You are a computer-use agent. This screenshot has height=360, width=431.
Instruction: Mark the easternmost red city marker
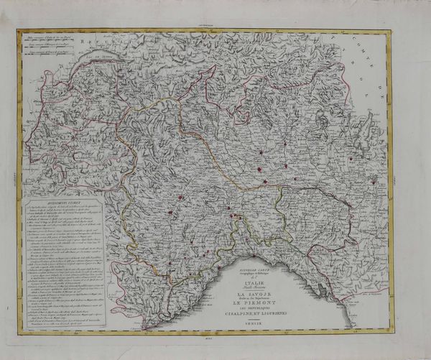373,183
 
